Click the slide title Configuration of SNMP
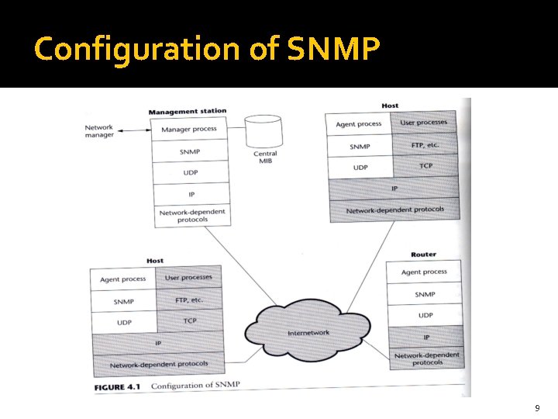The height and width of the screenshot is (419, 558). coord(207,50)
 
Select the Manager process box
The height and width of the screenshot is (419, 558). coord(188,129)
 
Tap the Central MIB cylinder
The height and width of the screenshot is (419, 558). coord(265,137)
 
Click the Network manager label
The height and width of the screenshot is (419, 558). coord(99,131)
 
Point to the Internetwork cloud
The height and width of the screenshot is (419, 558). coord(308,333)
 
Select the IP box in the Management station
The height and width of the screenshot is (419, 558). coord(190,194)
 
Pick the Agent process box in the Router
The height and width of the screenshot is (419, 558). coord(424,272)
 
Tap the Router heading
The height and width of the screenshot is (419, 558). coord(423,254)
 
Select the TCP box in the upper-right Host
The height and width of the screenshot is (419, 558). coord(425,166)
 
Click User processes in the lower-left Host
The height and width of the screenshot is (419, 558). coord(188,278)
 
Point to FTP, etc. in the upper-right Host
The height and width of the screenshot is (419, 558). coord(425,145)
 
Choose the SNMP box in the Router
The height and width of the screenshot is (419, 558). coord(425,294)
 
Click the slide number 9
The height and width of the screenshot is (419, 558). coord(537,408)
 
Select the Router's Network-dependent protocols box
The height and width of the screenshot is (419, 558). coord(426,358)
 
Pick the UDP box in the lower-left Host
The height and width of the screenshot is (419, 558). coord(124,322)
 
